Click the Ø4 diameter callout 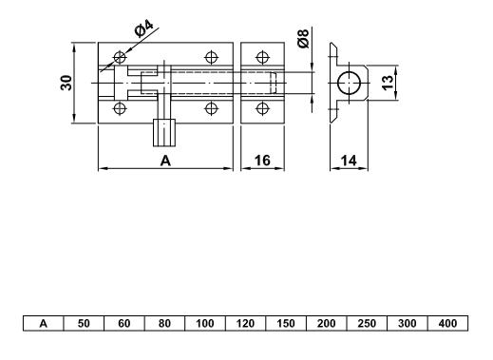pos(143,28)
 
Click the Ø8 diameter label pos(303,38)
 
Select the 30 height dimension pos(66,83)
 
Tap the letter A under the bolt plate pos(165,161)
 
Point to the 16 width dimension pos(262,161)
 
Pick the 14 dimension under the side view pos(349,161)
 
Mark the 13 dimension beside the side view pos(388,83)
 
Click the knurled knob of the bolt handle pos(164,133)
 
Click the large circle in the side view pos(350,83)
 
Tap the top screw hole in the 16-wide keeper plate pos(262,58)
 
